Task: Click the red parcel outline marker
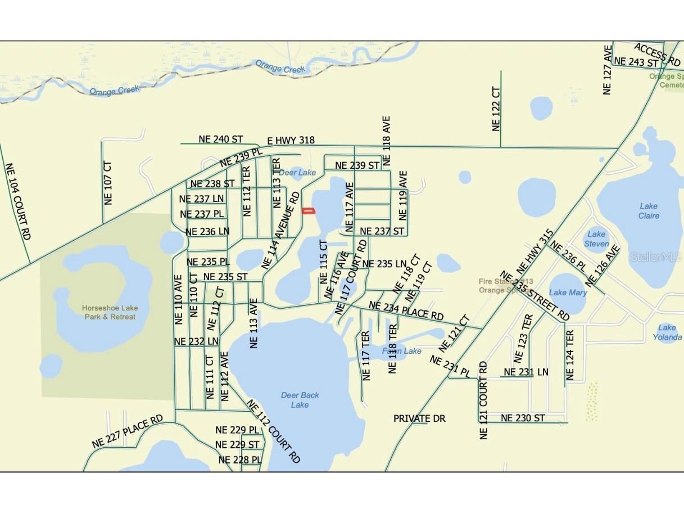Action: coord(309,211)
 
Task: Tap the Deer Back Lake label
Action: coord(300,400)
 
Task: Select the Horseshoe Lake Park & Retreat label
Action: coord(110,312)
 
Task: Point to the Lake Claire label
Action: coord(649,211)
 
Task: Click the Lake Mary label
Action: coord(568,292)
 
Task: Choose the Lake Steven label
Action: coord(596,239)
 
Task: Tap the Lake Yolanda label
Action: coord(667,332)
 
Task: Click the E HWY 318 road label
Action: coord(291,140)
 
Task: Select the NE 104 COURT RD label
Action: coord(17,201)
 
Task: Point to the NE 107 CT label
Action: coord(108,183)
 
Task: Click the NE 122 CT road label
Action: coord(496,109)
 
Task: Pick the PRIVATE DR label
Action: coord(419,418)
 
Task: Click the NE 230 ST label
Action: coord(523,418)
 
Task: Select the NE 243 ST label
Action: coord(636,61)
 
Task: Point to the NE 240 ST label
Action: coord(220,138)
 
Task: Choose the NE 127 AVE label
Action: coord(607,70)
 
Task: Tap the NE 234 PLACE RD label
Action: coord(406,311)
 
